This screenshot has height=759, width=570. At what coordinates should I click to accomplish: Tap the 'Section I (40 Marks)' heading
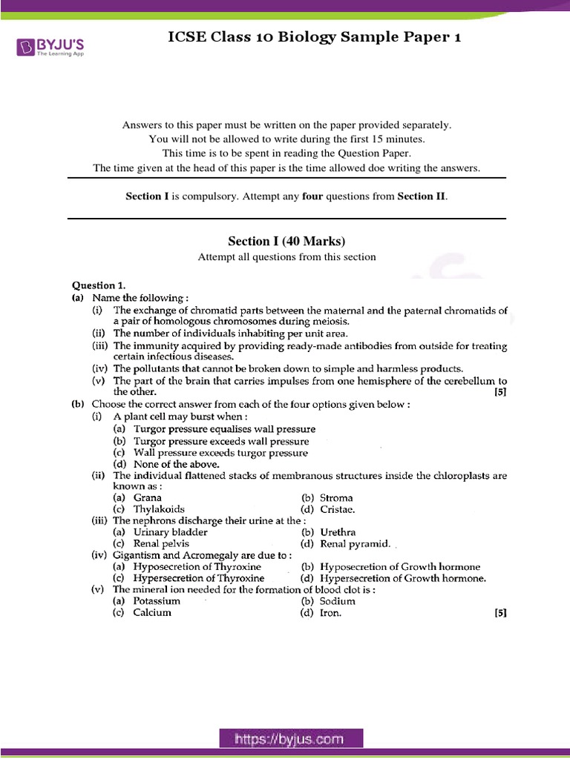pyautogui.click(x=286, y=241)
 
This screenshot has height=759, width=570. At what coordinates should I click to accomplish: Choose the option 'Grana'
pyautogui.click(x=147, y=498)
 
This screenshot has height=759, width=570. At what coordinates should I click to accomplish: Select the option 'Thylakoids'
pyautogui.click(x=159, y=509)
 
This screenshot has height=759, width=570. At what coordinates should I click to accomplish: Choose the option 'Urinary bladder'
pyautogui.click(x=170, y=532)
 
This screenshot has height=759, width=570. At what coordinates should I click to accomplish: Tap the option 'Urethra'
pyautogui.click(x=338, y=532)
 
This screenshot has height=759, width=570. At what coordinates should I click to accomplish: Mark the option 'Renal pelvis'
pyautogui.click(x=161, y=544)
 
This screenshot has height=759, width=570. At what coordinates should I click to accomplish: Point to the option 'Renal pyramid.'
pyautogui.click(x=355, y=544)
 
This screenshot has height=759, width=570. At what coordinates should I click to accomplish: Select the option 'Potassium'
pyautogui.click(x=157, y=601)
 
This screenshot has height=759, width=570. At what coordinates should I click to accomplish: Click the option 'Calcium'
pyautogui.click(x=152, y=613)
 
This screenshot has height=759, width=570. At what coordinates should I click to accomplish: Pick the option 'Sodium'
pyautogui.click(x=337, y=601)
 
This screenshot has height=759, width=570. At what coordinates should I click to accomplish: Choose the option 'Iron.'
pyautogui.click(x=331, y=613)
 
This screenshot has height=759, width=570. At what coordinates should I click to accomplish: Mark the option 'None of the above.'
pyautogui.click(x=166, y=464)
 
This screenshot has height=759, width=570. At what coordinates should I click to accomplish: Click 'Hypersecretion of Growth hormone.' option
pyautogui.click(x=402, y=578)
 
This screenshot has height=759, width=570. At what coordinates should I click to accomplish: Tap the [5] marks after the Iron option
pyautogui.click(x=500, y=613)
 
